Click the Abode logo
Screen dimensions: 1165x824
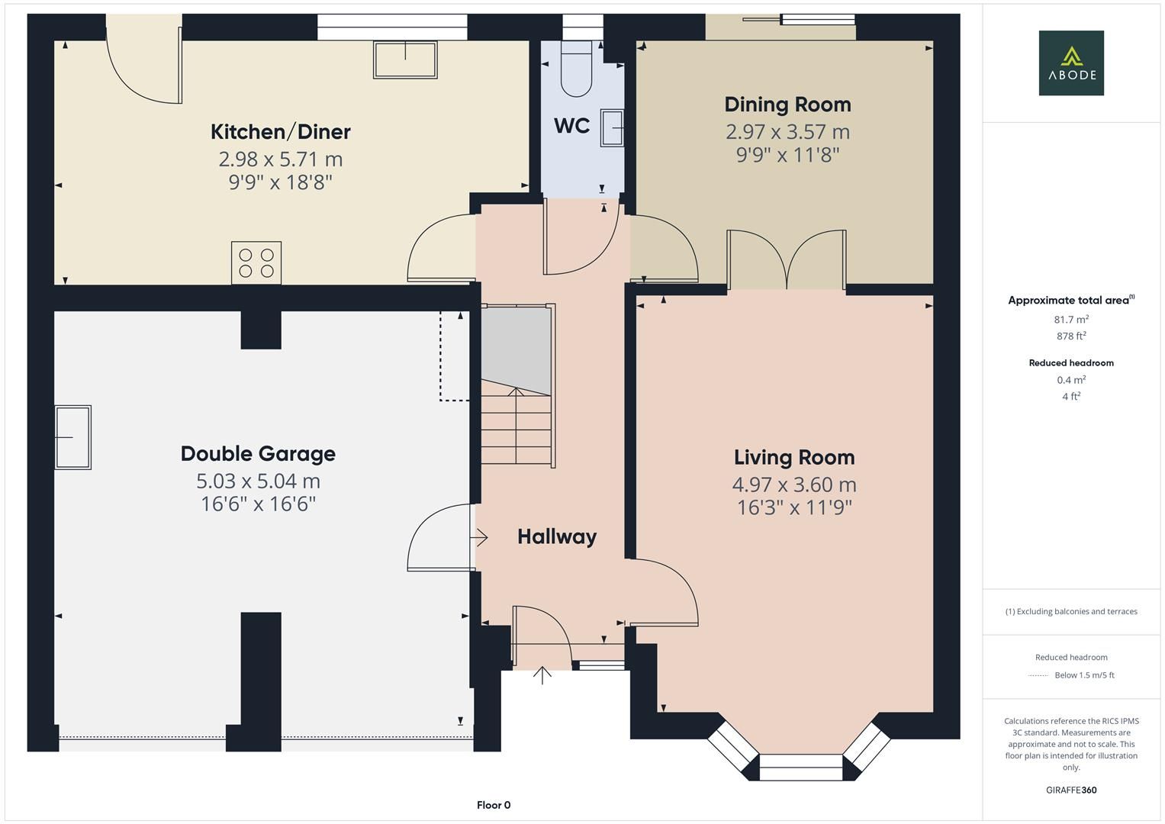tap(1071, 63)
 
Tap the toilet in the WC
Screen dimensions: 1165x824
tap(576, 68)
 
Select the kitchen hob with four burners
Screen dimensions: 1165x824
tap(256, 262)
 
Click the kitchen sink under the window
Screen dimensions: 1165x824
tap(405, 60)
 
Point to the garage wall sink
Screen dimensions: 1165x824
tap(72, 437)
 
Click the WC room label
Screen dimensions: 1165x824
tap(571, 126)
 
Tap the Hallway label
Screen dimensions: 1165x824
tap(557, 537)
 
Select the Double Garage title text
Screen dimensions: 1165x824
tap(258, 454)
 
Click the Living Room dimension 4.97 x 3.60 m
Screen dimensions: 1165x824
tap(794, 484)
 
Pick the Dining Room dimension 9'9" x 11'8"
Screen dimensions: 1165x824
tap(787, 155)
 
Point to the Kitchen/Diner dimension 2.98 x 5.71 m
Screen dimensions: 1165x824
tap(280, 159)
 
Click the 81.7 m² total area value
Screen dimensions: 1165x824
tap(1071, 319)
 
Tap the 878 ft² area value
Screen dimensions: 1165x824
tap(1071, 336)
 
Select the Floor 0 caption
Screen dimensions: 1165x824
tap(494, 805)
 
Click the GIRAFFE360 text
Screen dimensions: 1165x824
tap(1071, 790)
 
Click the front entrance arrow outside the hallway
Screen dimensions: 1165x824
tap(542, 675)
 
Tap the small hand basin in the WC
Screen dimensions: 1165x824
tap(612, 127)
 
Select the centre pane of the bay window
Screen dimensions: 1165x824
tap(801, 767)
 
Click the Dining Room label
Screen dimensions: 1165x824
tap(787, 105)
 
